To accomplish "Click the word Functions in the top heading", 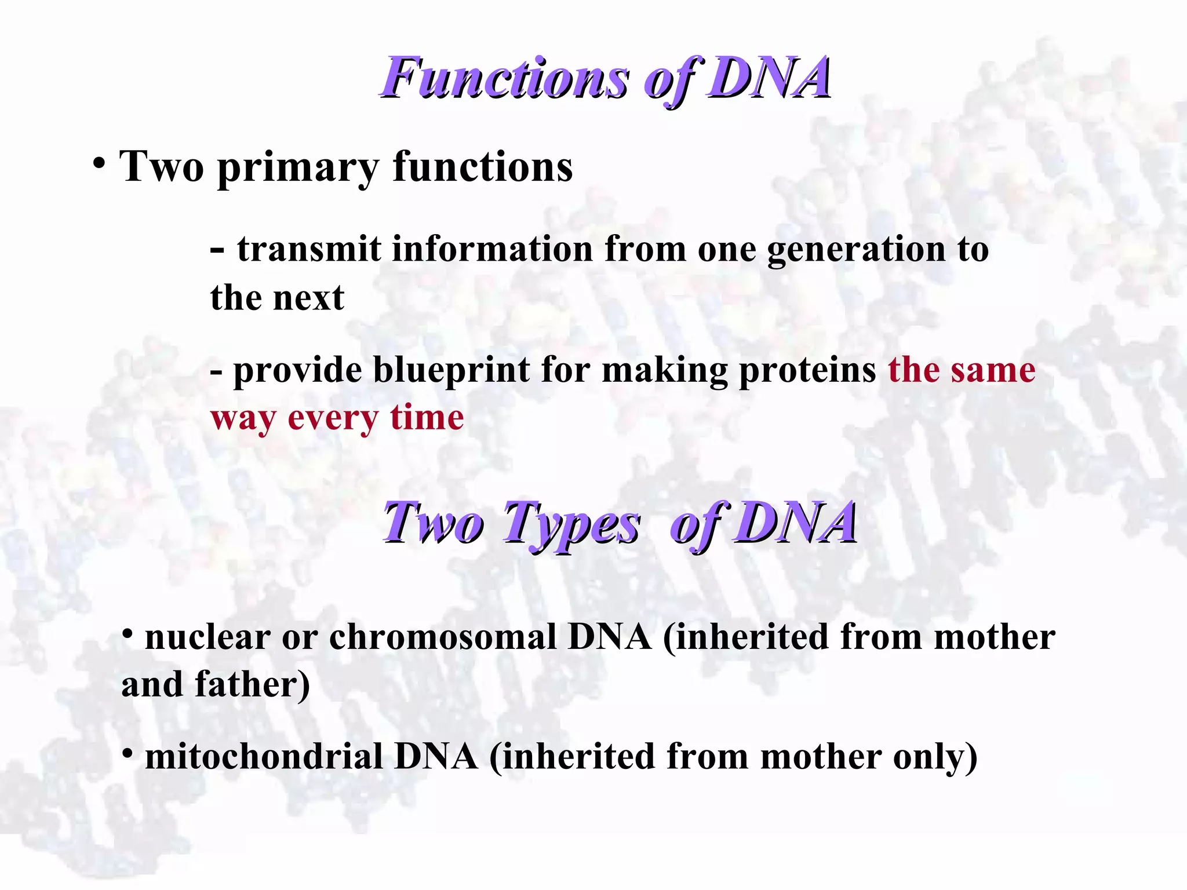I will [504, 78].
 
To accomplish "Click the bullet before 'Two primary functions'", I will [99, 163].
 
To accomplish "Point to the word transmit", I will [309, 249].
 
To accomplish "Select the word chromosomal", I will [443, 637].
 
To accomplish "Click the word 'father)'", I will [253, 685].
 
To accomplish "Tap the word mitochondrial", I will [264, 757].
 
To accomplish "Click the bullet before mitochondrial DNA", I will [128, 753].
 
